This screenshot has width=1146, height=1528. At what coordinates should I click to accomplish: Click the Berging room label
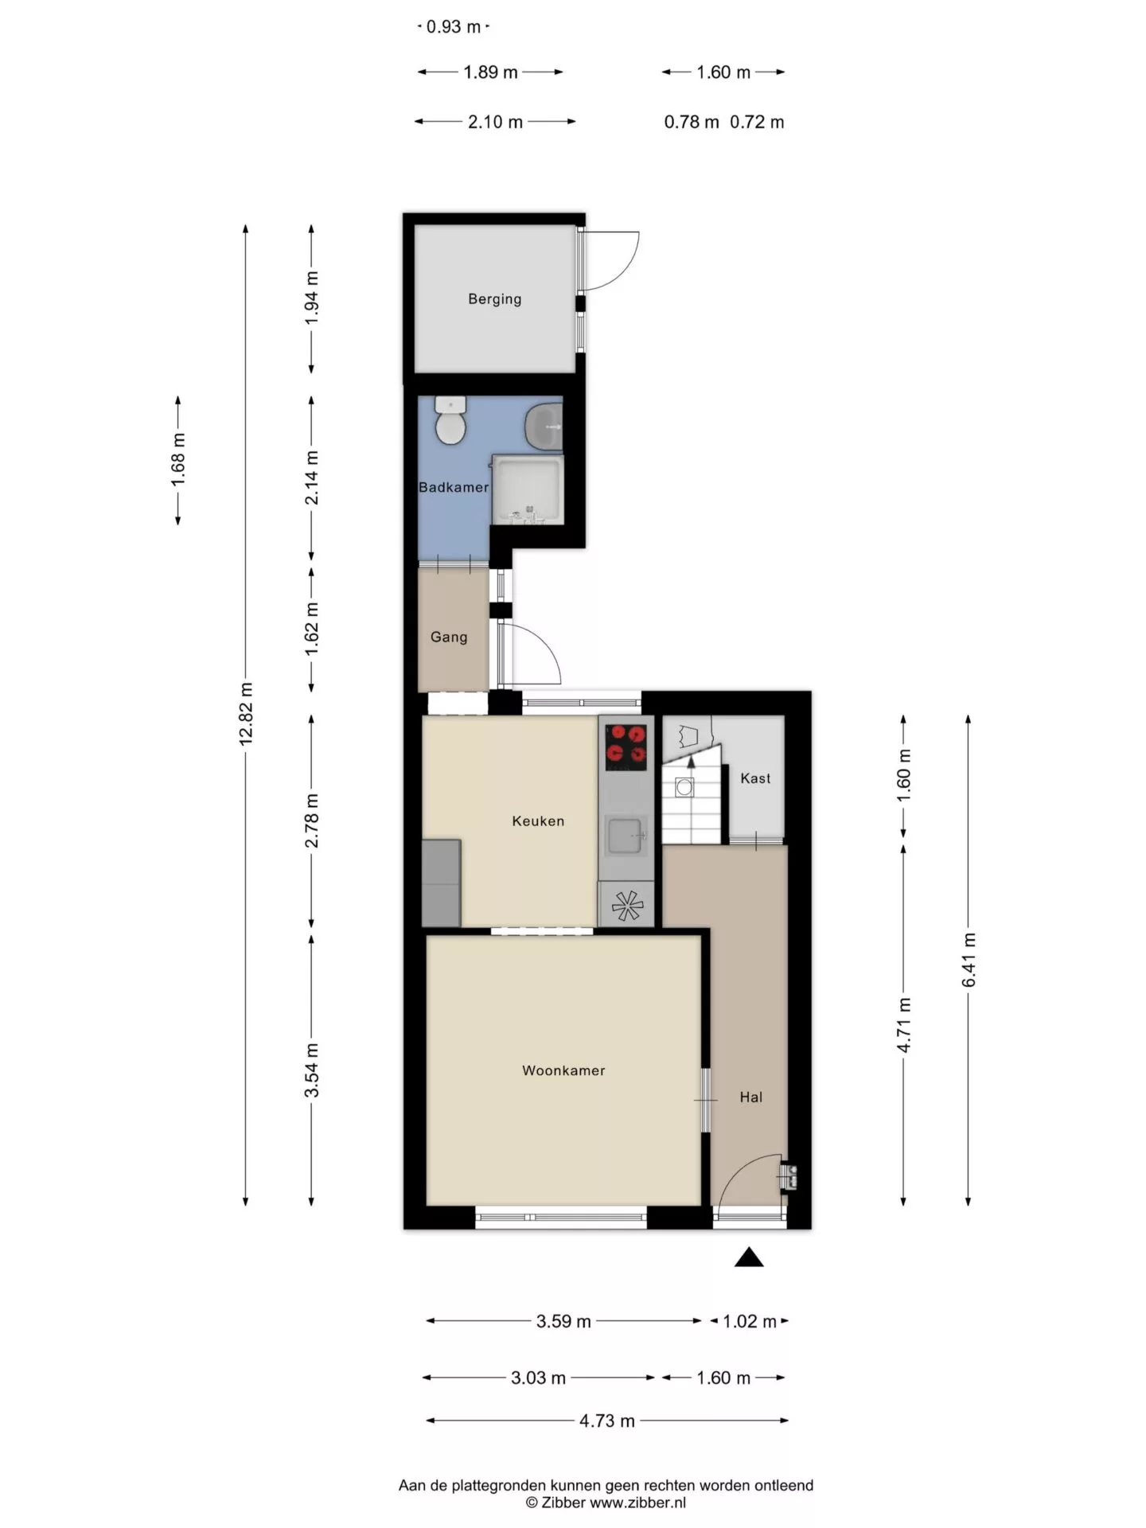point(494,299)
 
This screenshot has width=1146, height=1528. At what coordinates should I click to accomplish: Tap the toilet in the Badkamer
point(450,421)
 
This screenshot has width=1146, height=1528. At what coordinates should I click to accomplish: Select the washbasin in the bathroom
point(545,427)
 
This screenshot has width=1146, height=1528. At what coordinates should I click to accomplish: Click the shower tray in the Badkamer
point(528,489)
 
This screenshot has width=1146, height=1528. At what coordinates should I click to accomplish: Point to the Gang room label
point(449,637)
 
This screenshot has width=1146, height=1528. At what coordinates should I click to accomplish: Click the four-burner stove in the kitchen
point(626,746)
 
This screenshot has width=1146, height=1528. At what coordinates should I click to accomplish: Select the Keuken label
point(538,821)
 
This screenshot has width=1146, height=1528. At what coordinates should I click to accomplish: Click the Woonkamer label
point(563,1070)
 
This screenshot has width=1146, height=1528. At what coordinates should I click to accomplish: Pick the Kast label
point(755,778)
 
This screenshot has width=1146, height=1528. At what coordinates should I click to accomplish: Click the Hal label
point(750,1097)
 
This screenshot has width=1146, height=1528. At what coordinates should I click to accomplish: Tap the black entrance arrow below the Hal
point(748,1257)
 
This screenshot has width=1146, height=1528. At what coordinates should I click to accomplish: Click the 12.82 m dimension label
point(246,713)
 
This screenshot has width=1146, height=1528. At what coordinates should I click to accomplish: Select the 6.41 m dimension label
point(969,960)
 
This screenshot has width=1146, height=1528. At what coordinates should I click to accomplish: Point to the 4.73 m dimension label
point(607,1421)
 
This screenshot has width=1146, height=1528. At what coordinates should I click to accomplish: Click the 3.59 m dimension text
point(563,1321)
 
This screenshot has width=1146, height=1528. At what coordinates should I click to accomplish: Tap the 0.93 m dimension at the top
point(454,26)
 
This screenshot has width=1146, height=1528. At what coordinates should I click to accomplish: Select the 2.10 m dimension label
point(495,122)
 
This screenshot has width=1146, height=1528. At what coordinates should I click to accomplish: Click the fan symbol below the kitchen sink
point(626,905)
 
